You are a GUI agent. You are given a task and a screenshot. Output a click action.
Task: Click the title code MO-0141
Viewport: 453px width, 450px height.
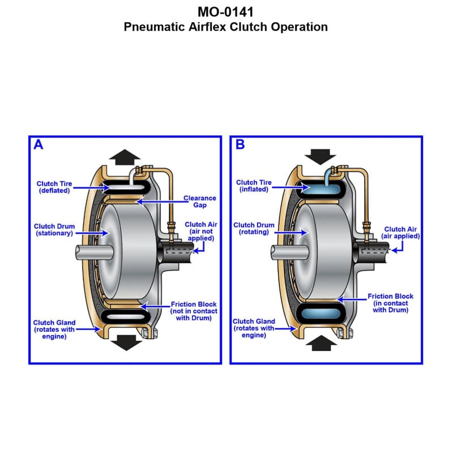point(225,12)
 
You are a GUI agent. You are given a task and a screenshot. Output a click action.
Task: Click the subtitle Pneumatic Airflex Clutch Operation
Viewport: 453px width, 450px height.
point(225,27)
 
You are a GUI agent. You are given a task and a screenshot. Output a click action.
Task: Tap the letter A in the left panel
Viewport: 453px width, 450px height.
point(39,145)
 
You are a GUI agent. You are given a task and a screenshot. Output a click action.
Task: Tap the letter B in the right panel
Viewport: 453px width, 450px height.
point(240,145)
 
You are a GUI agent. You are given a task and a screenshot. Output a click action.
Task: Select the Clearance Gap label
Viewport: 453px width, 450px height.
point(200,202)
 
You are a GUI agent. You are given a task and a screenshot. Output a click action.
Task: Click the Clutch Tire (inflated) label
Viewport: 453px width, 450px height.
point(254,186)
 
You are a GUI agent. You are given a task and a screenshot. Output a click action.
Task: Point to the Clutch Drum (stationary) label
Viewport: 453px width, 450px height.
point(54,230)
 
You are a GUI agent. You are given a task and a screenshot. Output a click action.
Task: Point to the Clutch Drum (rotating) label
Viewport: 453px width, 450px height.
point(254,228)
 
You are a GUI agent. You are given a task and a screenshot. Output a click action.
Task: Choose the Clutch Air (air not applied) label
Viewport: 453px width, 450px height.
point(200,232)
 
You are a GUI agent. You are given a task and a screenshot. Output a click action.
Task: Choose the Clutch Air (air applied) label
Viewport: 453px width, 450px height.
point(400,233)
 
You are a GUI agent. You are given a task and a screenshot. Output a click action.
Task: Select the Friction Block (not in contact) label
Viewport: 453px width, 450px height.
point(194,311)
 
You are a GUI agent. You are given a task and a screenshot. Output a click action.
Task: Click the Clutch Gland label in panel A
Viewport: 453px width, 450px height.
point(54,329)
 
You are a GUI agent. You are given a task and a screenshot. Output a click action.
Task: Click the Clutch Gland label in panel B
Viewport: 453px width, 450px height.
point(254,328)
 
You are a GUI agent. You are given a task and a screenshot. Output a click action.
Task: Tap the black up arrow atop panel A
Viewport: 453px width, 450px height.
point(124,156)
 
